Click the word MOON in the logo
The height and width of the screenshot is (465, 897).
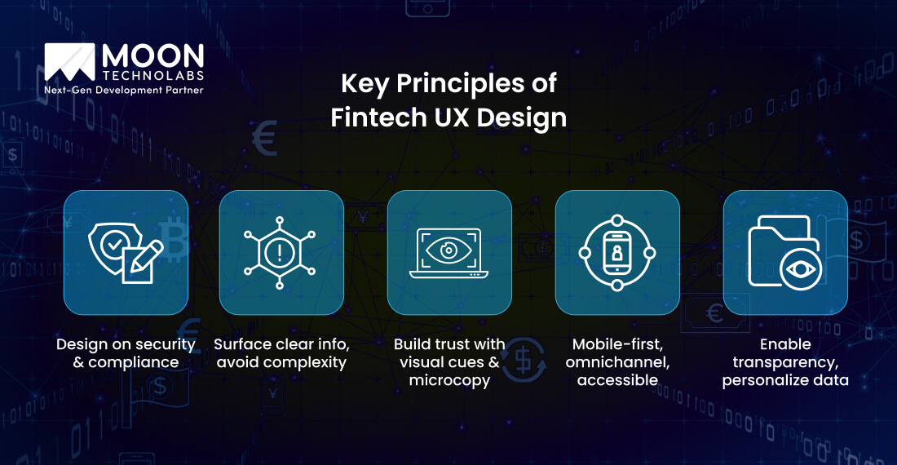point(152,56)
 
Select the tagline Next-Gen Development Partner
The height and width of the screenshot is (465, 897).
point(123,89)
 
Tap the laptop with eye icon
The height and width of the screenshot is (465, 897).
point(448,253)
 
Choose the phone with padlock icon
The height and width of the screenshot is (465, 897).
point(616,253)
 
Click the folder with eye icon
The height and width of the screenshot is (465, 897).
point(784,253)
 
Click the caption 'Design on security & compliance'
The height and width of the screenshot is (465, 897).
point(126,352)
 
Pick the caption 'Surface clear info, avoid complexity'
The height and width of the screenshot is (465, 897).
point(281,352)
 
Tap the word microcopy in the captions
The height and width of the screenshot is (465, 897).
point(448,380)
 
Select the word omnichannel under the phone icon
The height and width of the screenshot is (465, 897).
point(617,361)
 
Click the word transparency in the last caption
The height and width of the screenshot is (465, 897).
point(784,361)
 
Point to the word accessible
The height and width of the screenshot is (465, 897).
point(617,380)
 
